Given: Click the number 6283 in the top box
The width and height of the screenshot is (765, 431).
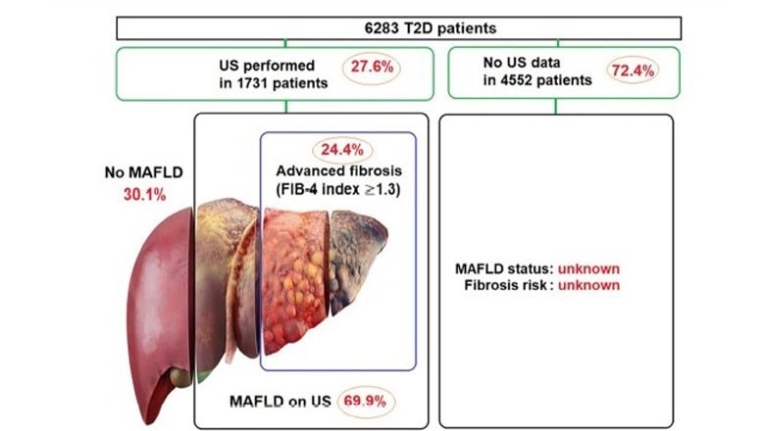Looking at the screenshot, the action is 382,28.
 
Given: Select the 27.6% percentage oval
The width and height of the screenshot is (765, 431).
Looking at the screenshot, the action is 372,68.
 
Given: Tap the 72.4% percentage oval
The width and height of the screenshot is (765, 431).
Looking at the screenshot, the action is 633,71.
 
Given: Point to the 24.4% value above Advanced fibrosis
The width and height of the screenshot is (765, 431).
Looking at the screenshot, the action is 342,150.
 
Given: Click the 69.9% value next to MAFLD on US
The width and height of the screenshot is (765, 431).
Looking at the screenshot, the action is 366,402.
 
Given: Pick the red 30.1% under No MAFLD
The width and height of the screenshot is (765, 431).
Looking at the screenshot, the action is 144,195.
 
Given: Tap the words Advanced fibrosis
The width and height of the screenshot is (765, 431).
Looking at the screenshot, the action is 339,171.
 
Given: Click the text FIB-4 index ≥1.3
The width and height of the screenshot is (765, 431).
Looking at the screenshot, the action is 338,189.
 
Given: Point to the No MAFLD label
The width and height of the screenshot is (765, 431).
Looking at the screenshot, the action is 143,172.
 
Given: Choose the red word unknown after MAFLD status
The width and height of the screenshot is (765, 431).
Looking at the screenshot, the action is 588,268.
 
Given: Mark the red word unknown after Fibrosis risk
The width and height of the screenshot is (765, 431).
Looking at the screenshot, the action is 588,285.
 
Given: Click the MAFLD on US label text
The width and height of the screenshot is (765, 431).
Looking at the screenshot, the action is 280,402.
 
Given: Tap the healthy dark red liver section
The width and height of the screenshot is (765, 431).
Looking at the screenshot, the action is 161,302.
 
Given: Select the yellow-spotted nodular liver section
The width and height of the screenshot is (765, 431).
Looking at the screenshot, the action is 295,280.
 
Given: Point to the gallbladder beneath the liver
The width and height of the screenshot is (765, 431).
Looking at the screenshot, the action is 179,377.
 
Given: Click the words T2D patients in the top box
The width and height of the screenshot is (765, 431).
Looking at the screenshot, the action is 450,28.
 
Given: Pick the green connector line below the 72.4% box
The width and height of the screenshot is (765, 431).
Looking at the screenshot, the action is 556,106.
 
